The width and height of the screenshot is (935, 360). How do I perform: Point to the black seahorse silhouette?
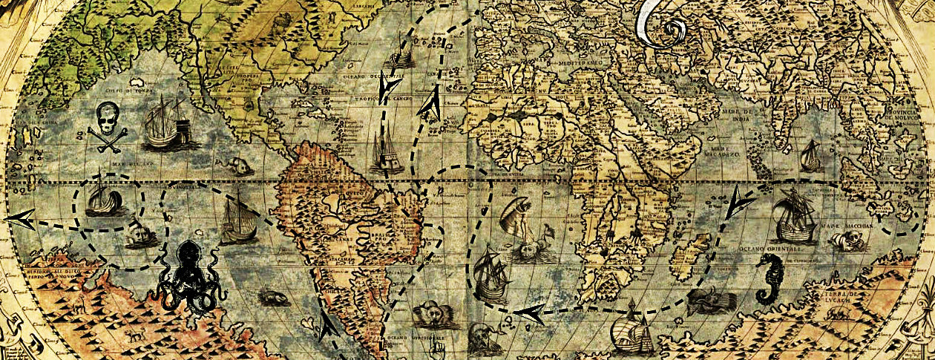(x=771, y=279)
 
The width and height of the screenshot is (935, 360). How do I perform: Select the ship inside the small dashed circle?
(x=102, y=196)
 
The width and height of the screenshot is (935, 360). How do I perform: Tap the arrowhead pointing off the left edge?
(x=20, y=219)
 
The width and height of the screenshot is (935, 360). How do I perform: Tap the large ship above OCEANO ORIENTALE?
(x=793, y=215)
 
